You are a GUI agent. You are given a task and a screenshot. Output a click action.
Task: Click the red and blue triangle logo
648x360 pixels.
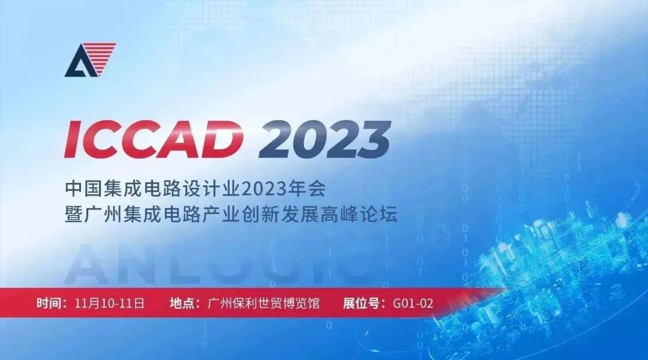click(90, 60)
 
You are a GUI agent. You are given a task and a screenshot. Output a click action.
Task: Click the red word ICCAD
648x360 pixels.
click(154, 139)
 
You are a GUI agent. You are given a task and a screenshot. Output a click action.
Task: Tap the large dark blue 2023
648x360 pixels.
click(325, 139)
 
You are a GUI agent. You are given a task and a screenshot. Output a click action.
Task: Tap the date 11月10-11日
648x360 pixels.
click(110, 303)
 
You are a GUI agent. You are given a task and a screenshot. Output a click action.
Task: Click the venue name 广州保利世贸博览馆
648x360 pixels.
click(263, 303)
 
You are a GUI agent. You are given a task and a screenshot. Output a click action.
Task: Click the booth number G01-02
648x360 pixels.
click(413, 304)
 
